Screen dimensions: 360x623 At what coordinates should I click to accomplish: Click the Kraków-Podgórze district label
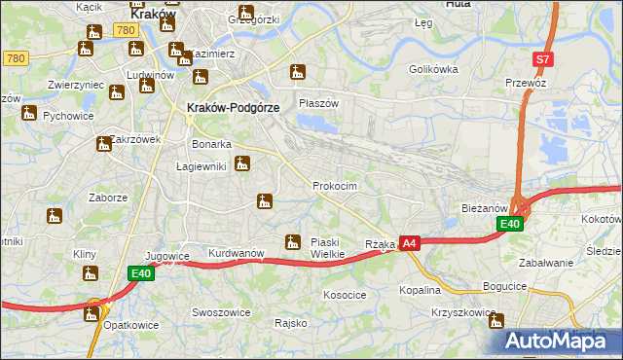pos(234,108)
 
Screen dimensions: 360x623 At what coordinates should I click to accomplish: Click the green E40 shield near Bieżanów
pos(510,225)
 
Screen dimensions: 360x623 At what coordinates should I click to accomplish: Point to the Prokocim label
pos(335,185)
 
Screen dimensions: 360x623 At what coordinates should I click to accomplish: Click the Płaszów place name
pos(318,103)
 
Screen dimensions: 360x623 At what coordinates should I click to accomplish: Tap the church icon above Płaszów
pos(298,72)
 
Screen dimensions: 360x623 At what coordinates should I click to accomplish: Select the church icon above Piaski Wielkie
pos(291,241)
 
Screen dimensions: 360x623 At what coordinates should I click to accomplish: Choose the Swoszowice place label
pos(221,312)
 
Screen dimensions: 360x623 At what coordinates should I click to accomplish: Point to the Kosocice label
pos(345,294)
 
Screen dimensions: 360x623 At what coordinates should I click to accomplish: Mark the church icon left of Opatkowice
pos(92,313)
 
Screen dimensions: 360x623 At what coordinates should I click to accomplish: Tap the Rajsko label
pos(291,322)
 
